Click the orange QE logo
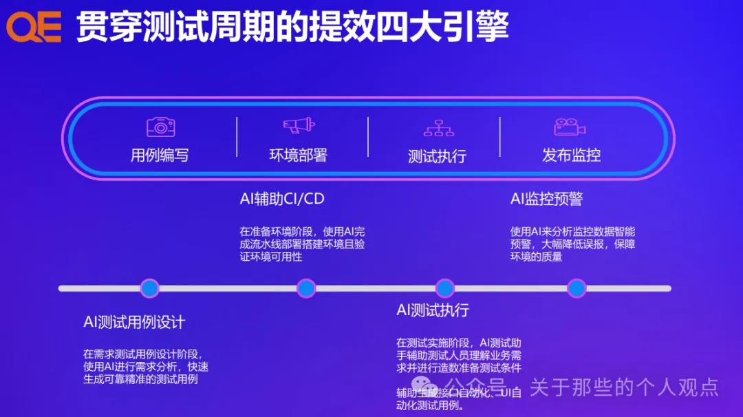click(34, 28)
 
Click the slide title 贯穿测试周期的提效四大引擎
click(292, 28)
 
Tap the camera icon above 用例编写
click(161, 127)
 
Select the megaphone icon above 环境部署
click(299, 125)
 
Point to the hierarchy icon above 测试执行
click(438, 128)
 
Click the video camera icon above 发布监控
click(570, 127)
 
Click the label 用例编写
click(160, 156)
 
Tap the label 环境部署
click(298, 156)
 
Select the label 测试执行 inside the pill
click(437, 156)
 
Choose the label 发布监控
click(571, 155)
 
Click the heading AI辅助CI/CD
click(282, 200)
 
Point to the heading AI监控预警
click(546, 200)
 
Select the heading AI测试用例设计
click(134, 322)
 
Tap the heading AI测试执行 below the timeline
click(433, 310)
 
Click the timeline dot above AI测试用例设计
click(149, 288)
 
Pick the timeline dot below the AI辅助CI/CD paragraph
click(306, 288)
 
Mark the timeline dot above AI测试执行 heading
click(445, 288)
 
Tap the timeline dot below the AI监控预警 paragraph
click(577, 288)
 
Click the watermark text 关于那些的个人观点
click(623, 387)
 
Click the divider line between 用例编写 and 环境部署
click(237, 136)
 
